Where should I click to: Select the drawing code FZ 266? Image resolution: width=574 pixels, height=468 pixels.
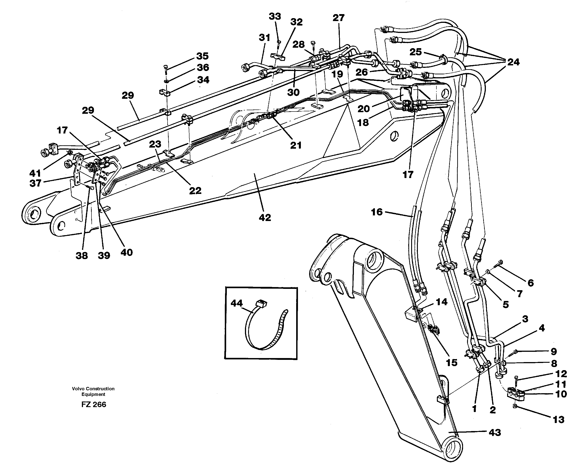[x=94, y=405]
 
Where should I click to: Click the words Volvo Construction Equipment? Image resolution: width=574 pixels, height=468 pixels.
[x=93, y=391]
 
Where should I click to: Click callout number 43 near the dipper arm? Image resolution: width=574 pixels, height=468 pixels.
[x=495, y=432]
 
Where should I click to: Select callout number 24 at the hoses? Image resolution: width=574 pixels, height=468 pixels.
[x=513, y=62]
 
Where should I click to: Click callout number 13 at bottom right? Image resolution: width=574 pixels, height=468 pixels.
[x=558, y=419]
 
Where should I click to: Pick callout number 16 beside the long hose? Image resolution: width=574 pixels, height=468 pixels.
[x=376, y=212]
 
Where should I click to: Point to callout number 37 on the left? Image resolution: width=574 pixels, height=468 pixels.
[x=35, y=183]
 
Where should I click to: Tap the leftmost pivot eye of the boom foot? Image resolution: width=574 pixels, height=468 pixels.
[x=34, y=215]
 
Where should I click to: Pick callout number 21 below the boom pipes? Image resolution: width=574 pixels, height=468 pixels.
[x=296, y=145]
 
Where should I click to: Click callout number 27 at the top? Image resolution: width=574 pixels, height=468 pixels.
[x=338, y=18]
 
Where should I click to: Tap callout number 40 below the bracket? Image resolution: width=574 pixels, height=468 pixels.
[x=126, y=253]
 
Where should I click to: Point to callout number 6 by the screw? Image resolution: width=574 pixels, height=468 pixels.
[x=530, y=283]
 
